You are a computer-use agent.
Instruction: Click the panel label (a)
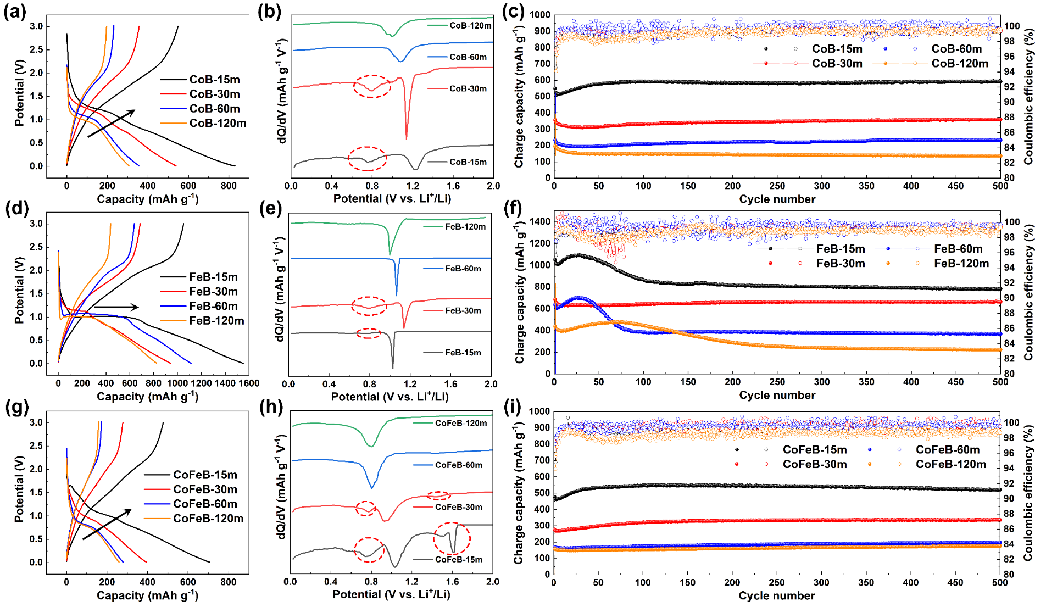(x=15, y=12)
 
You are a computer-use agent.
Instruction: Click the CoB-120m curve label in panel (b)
(x=470, y=25)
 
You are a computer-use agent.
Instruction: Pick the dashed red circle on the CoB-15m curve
(x=368, y=159)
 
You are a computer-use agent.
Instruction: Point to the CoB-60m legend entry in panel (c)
(x=956, y=49)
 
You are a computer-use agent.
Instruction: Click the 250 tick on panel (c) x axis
(x=777, y=186)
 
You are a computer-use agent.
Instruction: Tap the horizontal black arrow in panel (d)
(x=116, y=307)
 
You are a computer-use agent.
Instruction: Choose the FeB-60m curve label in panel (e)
(x=463, y=269)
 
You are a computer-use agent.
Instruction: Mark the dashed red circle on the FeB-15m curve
(x=369, y=333)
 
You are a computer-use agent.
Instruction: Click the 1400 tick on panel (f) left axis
(x=540, y=222)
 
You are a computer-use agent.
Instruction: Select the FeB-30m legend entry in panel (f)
(x=841, y=263)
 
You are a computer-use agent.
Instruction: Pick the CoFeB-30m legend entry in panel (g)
(x=205, y=489)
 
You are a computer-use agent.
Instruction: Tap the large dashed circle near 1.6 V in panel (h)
(x=452, y=538)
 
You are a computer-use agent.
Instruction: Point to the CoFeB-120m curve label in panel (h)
(x=461, y=423)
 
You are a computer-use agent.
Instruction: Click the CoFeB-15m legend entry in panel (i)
(x=814, y=449)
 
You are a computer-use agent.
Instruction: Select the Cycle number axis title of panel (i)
(x=776, y=595)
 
